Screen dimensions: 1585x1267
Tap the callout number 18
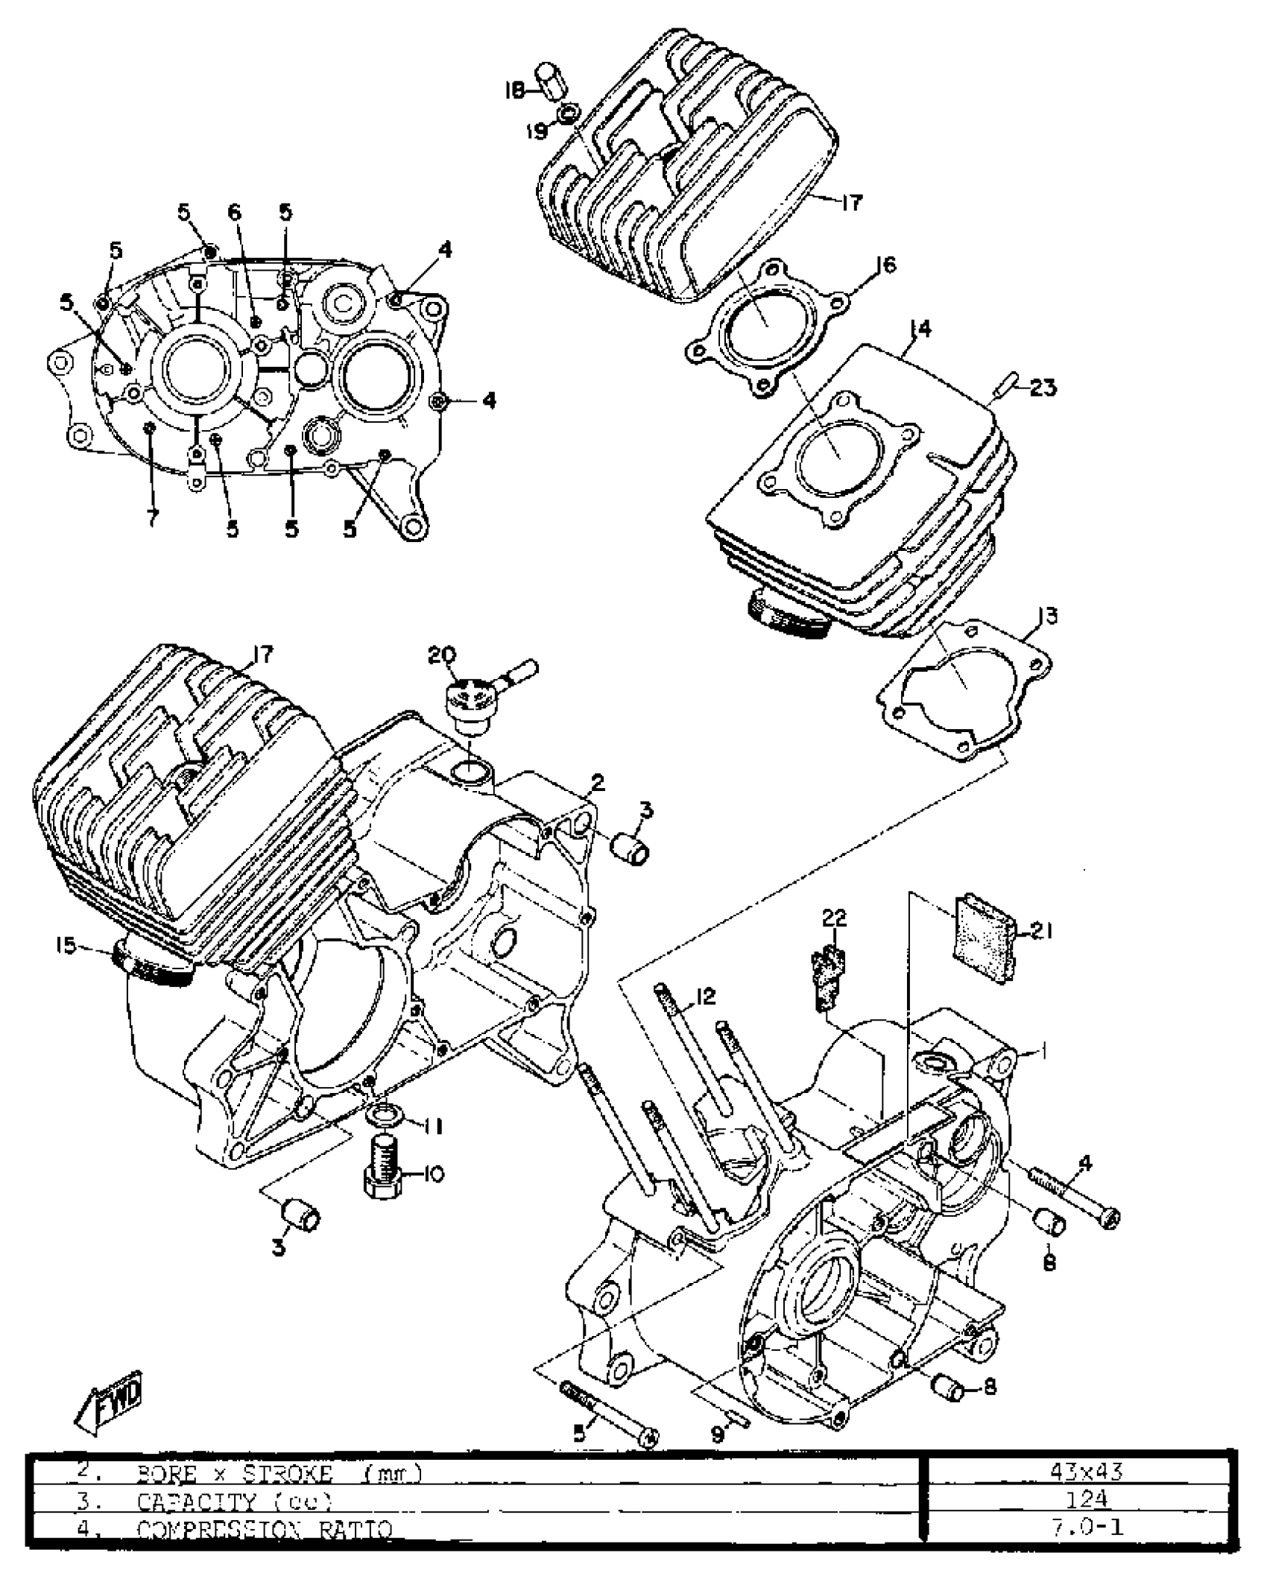514,91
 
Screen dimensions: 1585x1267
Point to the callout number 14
920,330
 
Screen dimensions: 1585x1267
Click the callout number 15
66,946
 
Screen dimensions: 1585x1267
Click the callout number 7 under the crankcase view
152,519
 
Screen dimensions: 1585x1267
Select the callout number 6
234,212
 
